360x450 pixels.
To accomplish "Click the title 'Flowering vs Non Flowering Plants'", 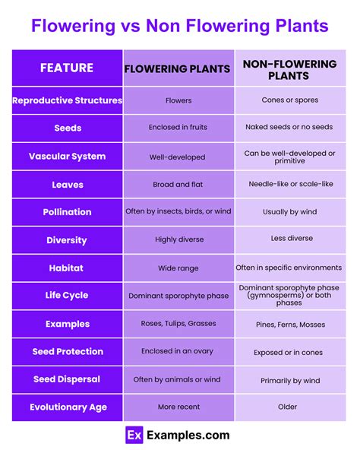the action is coord(180,27).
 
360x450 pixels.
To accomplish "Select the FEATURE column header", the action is coord(67,68).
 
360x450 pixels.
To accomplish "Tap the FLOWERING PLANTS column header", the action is coord(178,68).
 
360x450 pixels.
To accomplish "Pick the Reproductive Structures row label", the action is coord(68,100).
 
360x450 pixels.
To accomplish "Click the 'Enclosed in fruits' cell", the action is coord(178,128).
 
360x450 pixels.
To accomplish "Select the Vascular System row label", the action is coord(68,156).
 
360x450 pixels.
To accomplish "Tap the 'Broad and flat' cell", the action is coord(178,184).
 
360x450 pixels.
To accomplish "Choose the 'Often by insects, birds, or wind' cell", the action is coord(178,212).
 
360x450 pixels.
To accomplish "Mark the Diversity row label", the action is coord(68,240).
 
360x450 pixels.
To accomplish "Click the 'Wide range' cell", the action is coord(178,268).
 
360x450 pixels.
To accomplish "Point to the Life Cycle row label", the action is coord(68,296).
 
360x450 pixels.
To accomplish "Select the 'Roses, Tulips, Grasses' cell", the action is coord(178,324).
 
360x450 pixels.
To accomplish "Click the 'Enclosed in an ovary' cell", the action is coord(178,351).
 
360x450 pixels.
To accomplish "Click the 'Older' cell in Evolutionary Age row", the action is coord(288,407).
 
